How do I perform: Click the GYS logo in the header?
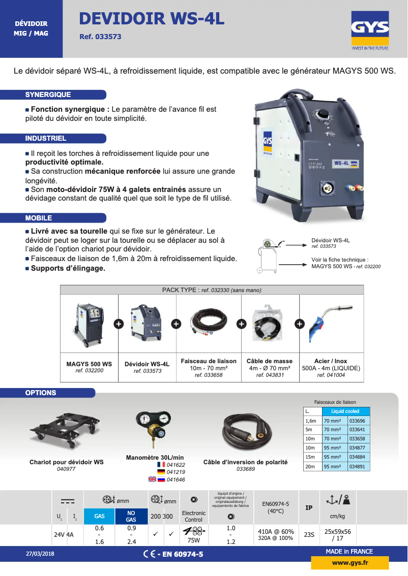click(x=370, y=33)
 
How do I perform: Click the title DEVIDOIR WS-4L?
click(x=152, y=19)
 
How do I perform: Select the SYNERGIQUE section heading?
click(x=48, y=95)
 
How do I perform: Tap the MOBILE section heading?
click(x=39, y=218)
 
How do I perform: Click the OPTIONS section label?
click(x=41, y=393)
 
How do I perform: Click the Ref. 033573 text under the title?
click(x=100, y=37)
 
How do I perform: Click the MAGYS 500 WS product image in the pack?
click(x=89, y=325)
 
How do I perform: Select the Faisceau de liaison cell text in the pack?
click(x=209, y=361)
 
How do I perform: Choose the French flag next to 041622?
click(x=161, y=465)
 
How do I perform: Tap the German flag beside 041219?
click(x=161, y=472)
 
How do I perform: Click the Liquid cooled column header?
click(x=345, y=411)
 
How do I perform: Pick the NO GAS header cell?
click(x=131, y=516)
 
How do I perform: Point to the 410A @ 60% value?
click(x=276, y=532)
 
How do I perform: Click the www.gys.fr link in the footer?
click(x=350, y=563)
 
